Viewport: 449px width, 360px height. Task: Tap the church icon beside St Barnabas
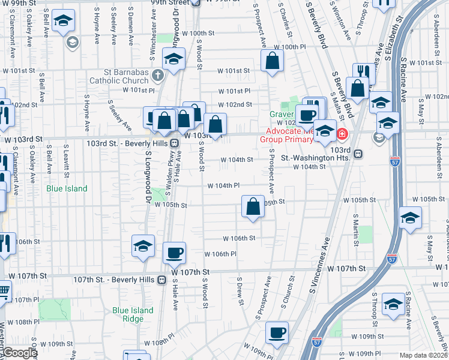(x=157, y=76)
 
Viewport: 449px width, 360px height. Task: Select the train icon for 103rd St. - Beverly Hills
(x=174, y=144)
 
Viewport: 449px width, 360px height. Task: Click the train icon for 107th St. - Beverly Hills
(x=161, y=280)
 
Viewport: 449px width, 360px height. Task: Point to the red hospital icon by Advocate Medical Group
(x=342, y=133)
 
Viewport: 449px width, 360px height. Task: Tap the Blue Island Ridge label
(x=133, y=314)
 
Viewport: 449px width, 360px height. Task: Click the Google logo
(x=20, y=353)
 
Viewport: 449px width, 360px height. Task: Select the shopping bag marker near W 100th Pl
(x=273, y=60)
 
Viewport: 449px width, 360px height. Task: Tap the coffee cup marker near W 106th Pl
(x=174, y=253)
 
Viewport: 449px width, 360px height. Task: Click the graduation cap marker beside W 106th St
(x=143, y=247)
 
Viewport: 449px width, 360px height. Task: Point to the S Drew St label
(x=240, y=291)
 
